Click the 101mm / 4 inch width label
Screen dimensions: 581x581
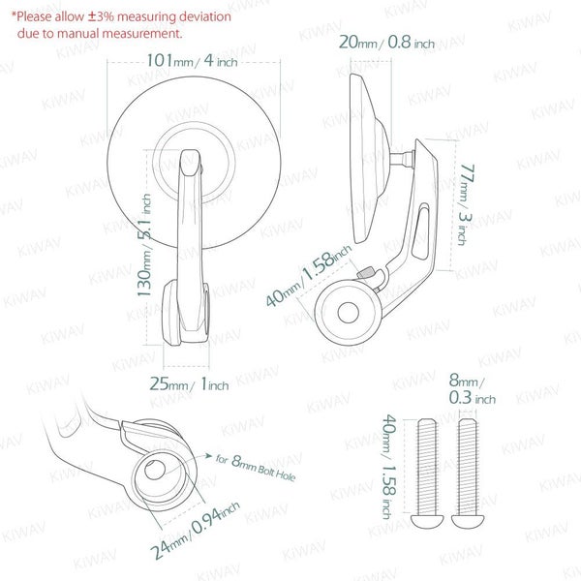click(192, 60)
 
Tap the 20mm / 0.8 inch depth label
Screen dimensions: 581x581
click(386, 42)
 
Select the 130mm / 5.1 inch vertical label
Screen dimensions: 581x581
click(144, 245)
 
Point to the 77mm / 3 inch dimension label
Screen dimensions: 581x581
click(466, 204)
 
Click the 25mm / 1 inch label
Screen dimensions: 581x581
click(189, 383)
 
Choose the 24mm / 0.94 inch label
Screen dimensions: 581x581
click(195, 530)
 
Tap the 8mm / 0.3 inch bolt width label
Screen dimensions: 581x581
click(472, 389)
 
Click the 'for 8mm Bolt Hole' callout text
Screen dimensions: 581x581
click(256, 468)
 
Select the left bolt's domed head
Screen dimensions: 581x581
click(427, 521)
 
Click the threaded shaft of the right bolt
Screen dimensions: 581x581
click(468, 467)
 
